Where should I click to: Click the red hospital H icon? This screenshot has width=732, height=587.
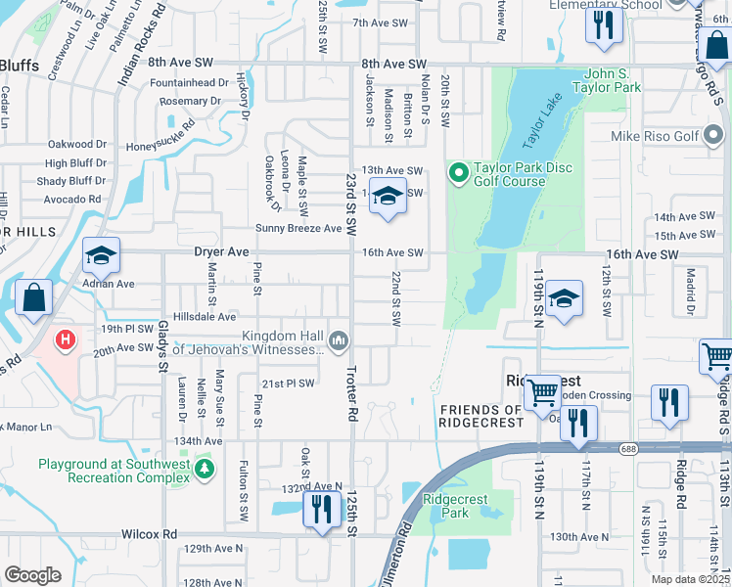65,340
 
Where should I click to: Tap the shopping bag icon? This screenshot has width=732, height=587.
33,298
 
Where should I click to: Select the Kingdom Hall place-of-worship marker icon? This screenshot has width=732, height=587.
339,340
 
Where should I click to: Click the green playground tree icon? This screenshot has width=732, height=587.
204,470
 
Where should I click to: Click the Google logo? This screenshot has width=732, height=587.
32,575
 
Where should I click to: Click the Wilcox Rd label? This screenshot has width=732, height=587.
149,534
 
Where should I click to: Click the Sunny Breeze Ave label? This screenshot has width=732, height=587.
298,228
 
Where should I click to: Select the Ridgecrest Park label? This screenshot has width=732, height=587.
446,505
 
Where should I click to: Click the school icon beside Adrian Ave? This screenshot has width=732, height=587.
101,256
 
